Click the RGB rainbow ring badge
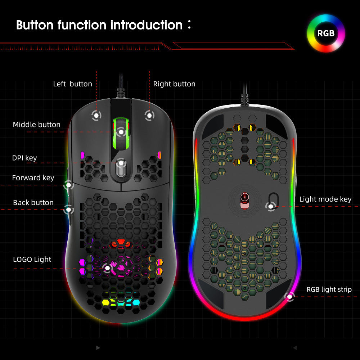(326, 33)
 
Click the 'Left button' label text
(72, 84)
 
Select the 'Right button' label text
(174, 84)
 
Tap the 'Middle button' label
(36, 125)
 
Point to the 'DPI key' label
(24, 158)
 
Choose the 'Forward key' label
(33, 177)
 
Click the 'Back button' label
(33, 203)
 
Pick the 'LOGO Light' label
(32, 259)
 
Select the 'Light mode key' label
(325, 199)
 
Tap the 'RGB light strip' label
(329, 289)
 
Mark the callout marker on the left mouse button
(96, 116)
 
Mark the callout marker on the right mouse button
(149, 116)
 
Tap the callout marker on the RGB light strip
(289, 297)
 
